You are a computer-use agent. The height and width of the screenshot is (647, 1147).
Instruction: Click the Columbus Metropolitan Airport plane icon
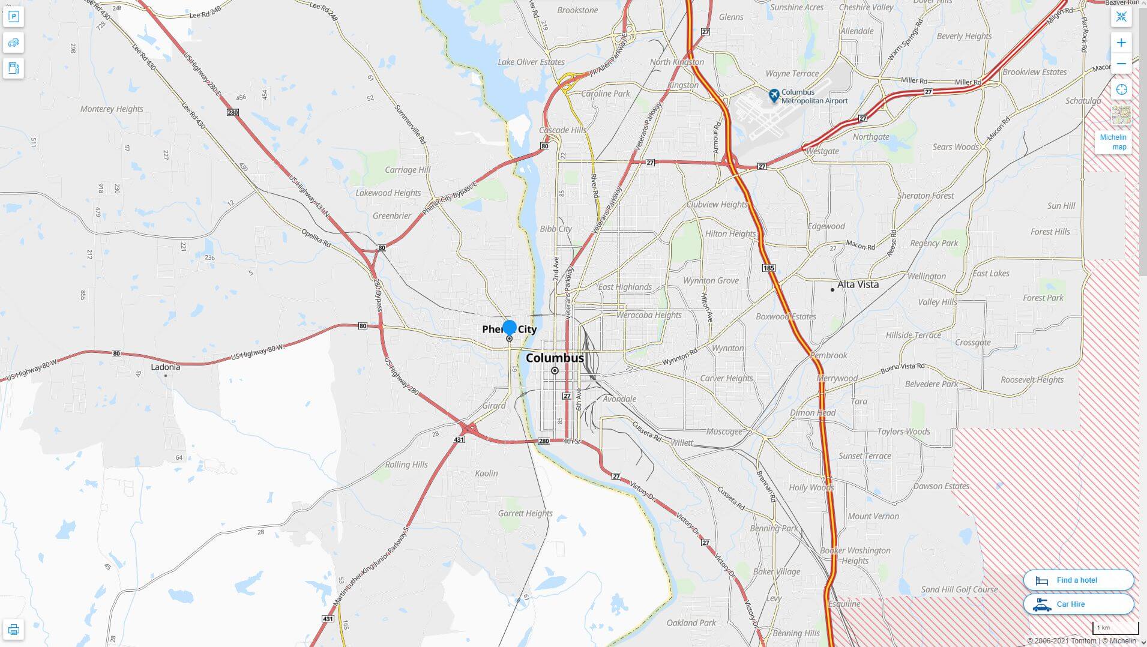774,95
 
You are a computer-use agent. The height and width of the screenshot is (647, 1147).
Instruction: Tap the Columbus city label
555,358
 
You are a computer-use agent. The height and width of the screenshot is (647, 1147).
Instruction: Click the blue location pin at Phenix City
510,328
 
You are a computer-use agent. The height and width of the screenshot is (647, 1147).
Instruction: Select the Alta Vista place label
858,284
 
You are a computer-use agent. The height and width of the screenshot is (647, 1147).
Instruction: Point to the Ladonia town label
165,367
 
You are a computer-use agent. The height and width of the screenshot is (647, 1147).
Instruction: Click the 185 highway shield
769,268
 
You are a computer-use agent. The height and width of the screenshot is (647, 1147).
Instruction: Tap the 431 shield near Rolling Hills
459,440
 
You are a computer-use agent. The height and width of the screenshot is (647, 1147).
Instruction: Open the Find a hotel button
1078,580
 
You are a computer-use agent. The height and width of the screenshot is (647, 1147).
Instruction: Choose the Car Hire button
1078,604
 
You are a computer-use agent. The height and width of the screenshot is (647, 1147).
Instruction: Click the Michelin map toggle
1113,142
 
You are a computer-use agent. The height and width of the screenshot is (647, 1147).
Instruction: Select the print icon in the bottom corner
13,630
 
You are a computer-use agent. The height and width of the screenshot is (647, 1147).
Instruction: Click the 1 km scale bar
1115,628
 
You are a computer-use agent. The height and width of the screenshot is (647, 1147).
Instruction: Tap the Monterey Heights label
112,109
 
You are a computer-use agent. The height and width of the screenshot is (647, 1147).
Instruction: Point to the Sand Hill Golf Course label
959,589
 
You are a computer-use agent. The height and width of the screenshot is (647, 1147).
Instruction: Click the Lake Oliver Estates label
531,62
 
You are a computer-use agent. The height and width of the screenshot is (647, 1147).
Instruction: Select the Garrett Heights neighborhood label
525,513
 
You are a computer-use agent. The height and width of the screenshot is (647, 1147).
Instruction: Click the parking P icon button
13,17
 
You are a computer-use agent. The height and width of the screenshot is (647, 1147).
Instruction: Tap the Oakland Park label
691,623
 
